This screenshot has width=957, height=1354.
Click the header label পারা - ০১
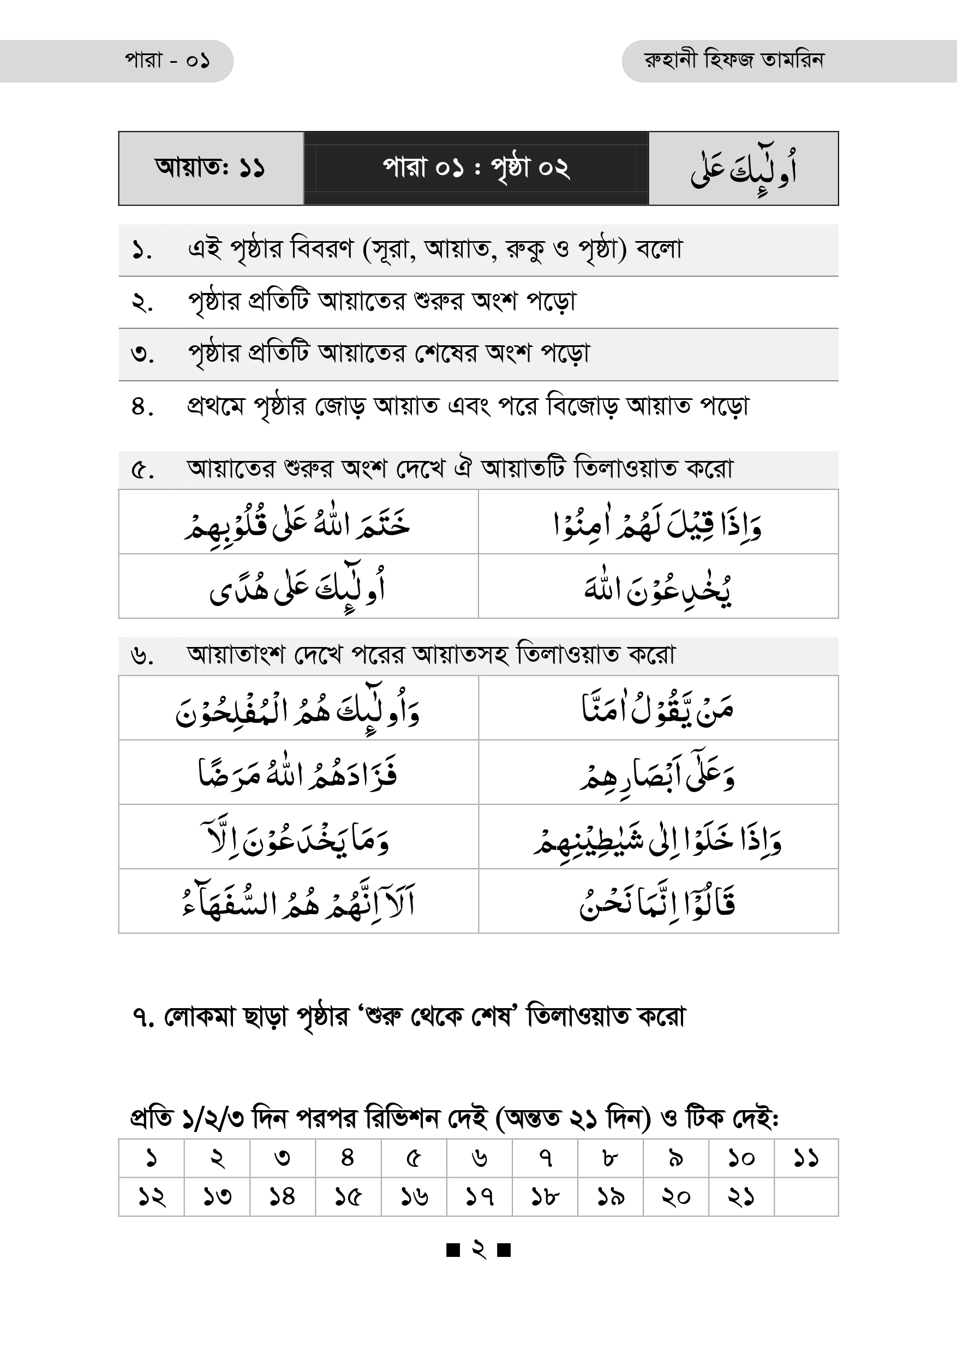[167, 61]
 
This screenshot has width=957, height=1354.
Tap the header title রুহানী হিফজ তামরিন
[734, 60]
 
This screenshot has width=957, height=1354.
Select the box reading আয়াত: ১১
[210, 168]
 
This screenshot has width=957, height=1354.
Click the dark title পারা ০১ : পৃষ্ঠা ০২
[476, 168]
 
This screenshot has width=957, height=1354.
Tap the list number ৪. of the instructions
[142, 407]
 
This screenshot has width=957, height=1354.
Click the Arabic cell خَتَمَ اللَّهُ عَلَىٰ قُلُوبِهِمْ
[298, 522]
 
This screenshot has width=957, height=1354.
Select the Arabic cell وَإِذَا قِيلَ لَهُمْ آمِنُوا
[657, 522]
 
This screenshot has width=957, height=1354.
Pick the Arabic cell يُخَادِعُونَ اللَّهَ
[657, 587]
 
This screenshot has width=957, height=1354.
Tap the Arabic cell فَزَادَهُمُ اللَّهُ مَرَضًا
[298, 772]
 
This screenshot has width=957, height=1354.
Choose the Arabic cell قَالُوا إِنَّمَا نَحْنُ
[657, 902]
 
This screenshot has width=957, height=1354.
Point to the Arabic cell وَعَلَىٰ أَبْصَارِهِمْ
[657, 772]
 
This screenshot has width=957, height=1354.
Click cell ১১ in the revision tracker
[805, 1158]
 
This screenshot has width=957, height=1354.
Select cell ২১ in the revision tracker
[740, 1196]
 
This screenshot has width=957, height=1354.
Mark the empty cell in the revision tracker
[805, 1196]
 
